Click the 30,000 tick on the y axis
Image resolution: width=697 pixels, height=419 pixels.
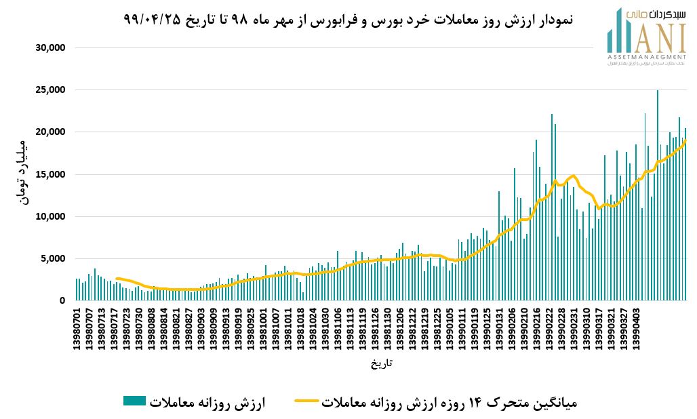pos(49,47)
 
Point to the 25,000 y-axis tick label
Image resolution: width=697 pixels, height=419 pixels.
pos(49,89)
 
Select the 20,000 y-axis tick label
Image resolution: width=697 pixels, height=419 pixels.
pos(49,132)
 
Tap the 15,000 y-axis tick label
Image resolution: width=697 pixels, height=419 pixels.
pos(49,174)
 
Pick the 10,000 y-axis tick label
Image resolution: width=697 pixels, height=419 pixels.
pos(49,216)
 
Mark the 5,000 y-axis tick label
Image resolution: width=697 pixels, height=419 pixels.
pos(52,258)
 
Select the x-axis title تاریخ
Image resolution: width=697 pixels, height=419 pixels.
pos(381,364)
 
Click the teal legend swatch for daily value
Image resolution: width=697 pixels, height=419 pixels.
pos(134,401)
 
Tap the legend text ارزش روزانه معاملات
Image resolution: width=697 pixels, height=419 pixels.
pos(207,403)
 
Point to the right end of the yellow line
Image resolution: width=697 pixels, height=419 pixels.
pos(686,140)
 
